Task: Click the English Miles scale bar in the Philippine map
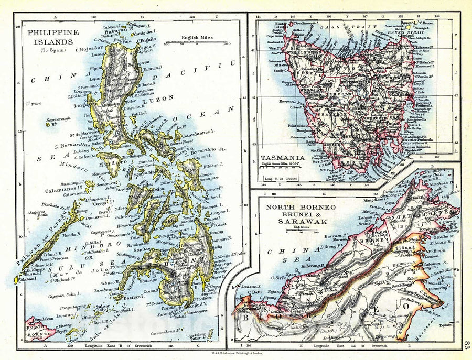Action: pyautogui.click(x=196, y=44)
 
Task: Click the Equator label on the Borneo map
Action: pyautogui.click(x=448, y=325)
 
